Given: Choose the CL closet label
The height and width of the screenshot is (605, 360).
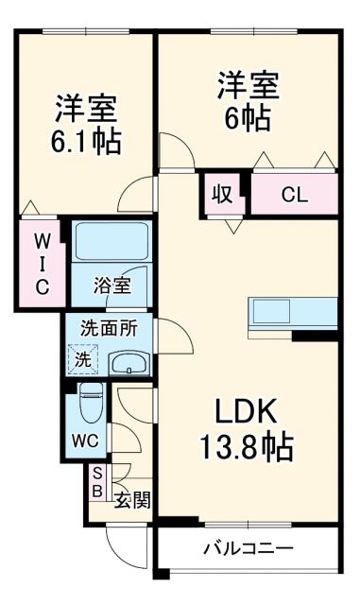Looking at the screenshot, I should click(295, 197).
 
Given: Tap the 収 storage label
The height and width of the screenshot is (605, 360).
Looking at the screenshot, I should click(222, 197).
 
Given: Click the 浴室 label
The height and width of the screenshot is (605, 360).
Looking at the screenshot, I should click(112, 283).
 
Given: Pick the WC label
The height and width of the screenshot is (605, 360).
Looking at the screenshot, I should click(87, 441).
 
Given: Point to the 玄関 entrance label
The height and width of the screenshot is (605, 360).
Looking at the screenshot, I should click(131, 498).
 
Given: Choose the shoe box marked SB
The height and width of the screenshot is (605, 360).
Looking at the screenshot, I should click(96, 482).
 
